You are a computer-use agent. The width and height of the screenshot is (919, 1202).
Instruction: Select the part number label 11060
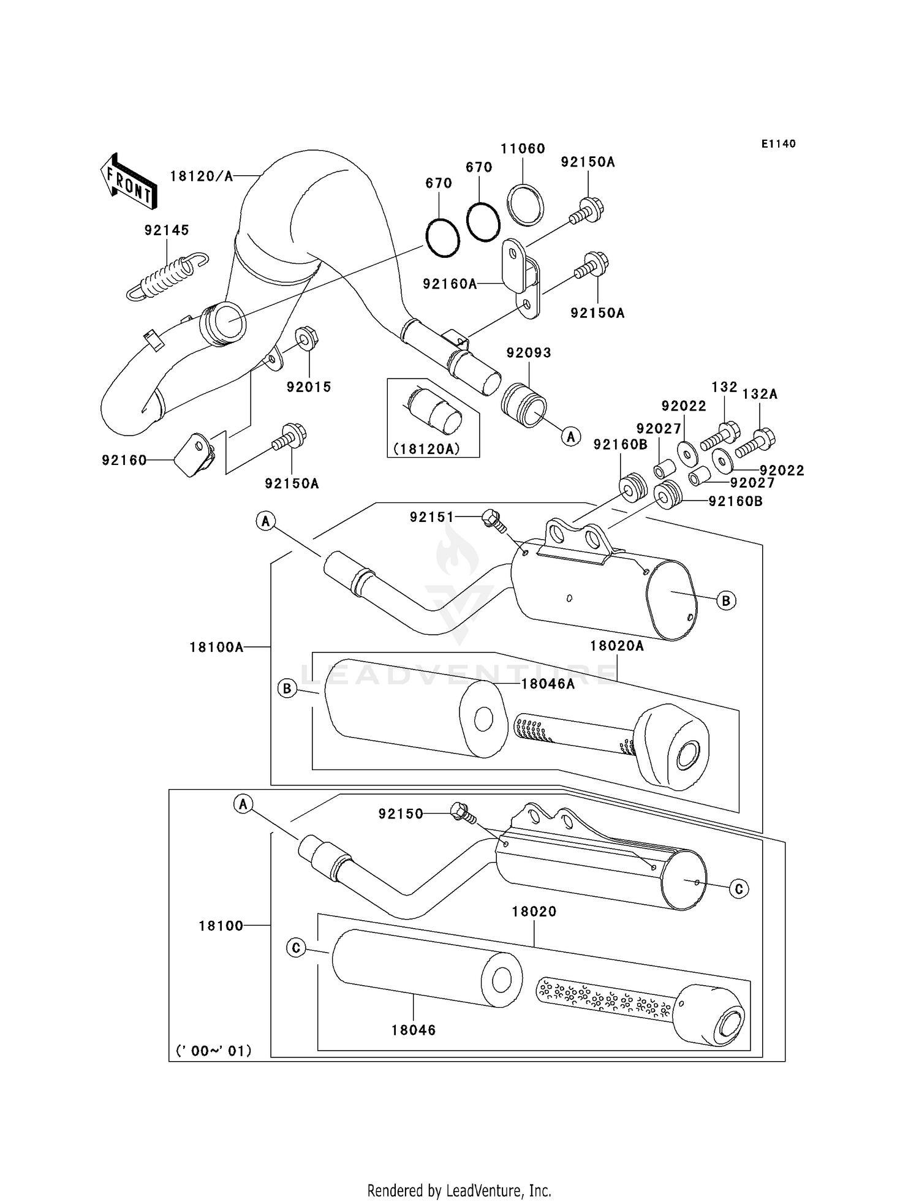pos(523,149)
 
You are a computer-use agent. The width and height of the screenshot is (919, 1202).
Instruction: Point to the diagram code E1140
pos(778,144)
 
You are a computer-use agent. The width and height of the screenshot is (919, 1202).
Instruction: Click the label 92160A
pos(449,284)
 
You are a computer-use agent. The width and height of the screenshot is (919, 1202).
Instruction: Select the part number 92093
pos(529,353)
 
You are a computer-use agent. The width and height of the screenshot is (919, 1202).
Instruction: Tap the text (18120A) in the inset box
pos(426,448)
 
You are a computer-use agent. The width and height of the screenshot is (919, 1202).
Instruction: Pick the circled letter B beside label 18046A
pos(287,689)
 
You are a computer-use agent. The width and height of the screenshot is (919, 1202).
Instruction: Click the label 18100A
pos(216,647)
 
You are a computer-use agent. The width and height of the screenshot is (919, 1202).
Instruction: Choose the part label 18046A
pos(548,684)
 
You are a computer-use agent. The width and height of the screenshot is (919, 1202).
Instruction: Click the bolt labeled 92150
pos(463,813)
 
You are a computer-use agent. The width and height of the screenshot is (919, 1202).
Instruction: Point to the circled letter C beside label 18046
pos(295,948)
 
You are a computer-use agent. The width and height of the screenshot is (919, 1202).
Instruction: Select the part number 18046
pos(414,1030)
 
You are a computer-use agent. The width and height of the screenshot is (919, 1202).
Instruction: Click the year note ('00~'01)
pos(214,1051)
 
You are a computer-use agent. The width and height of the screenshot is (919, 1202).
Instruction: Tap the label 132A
pos(760,395)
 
